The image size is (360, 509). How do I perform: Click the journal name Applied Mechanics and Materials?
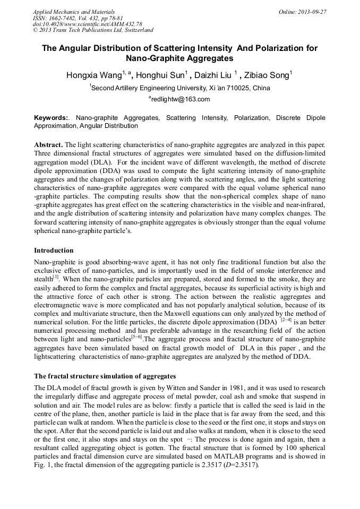click(73, 11)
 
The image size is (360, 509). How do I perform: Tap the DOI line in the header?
click(87, 24)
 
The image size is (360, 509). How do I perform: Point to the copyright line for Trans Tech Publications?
click(93, 30)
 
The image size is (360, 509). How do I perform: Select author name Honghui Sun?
click(160, 75)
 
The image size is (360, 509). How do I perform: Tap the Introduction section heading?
click(54, 251)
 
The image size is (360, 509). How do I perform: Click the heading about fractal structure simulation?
click(105, 376)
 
